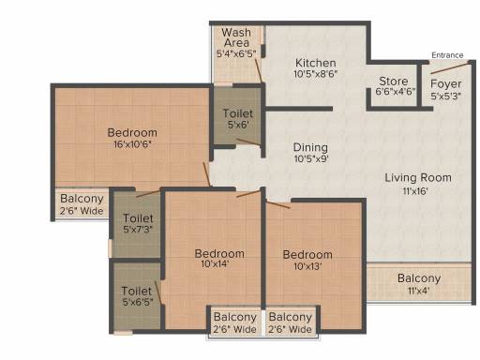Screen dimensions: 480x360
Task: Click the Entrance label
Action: click(x=447, y=55)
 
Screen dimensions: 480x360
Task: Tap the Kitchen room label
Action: click(x=316, y=63)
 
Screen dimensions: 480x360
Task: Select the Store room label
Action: click(x=394, y=82)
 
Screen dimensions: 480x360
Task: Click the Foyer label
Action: click(x=446, y=84)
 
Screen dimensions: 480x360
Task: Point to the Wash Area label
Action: click(x=236, y=37)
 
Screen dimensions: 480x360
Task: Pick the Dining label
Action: click(x=310, y=147)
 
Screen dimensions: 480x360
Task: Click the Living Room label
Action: click(x=418, y=178)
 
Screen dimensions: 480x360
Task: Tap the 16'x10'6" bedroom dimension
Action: click(x=132, y=144)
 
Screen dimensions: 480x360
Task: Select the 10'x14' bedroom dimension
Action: click(x=215, y=264)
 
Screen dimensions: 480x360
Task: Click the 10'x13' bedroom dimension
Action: click(x=307, y=266)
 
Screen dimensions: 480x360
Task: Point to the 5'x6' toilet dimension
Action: click(x=238, y=125)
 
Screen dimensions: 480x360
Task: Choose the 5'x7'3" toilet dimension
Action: click(x=138, y=230)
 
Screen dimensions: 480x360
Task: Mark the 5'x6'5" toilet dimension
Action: click(x=138, y=302)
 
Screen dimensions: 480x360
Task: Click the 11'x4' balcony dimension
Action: click(x=418, y=291)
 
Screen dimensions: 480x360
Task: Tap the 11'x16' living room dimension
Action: click(x=415, y=191)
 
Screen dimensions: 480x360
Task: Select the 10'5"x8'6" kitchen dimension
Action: click(x=316, y=74)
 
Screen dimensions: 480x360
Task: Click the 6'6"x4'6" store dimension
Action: click(x=396, y=92)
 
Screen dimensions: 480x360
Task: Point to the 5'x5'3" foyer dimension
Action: click(x=446, y=96)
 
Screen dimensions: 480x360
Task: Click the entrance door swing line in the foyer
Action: click(x=450, y=67)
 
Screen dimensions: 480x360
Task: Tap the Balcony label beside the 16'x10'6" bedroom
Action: click(x=82, y=199)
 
